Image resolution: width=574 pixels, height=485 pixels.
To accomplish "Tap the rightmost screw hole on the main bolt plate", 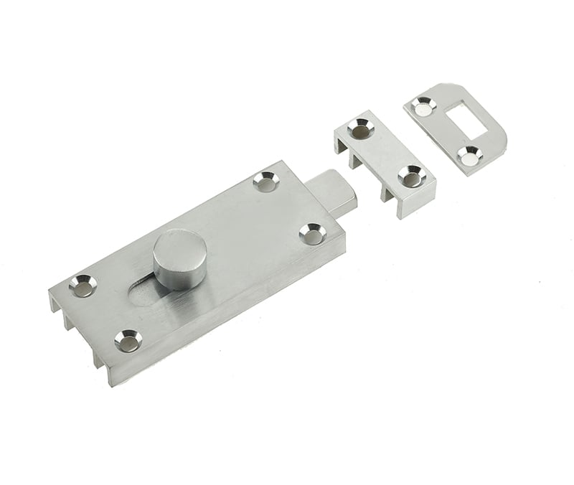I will point(311,232).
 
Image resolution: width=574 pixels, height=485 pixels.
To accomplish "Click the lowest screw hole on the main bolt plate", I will point(128,342).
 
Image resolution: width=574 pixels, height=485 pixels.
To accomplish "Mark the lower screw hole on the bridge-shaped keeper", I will point(409,174).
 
